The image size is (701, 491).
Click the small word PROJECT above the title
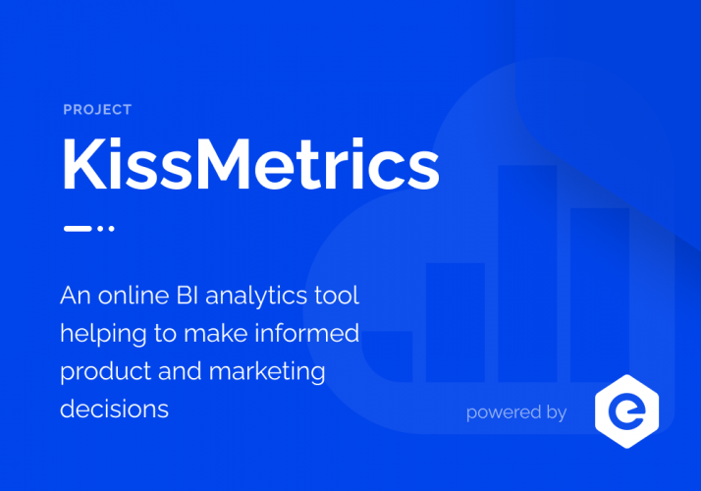tap(97, 110)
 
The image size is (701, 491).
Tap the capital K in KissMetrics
tap(83, 163)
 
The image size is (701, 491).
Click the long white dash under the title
tap(77, 229)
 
